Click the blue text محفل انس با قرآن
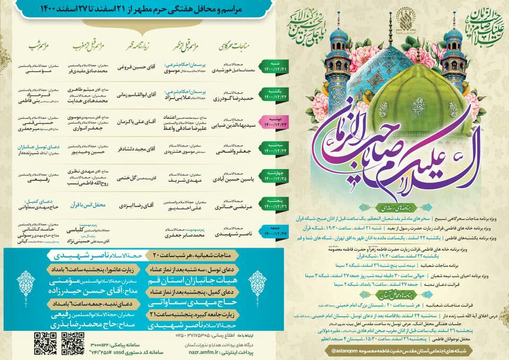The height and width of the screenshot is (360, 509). [87, 204]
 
